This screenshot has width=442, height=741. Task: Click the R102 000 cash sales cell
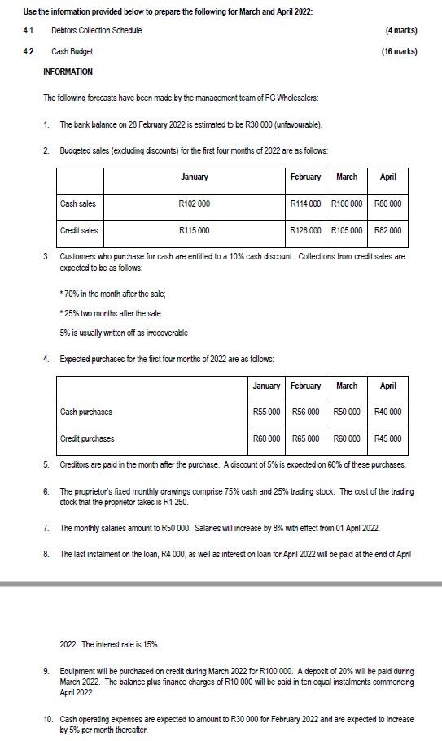(194, 203)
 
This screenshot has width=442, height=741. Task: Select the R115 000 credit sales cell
(194, 230)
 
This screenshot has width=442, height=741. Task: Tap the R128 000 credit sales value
(306, 230)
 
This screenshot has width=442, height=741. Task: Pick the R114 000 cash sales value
(306, 203)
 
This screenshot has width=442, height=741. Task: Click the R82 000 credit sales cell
(387, 230)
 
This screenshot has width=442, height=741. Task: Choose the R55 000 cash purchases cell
(266, 412)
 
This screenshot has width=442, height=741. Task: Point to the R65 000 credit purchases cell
(306, 438)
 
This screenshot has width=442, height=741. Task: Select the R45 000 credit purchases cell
(387, 438)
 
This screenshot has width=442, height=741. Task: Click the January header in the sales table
(194, 177)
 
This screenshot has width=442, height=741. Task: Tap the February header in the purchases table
(306, 386)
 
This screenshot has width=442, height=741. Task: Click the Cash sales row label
(78, 203)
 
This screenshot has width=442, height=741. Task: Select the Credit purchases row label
(87, 438)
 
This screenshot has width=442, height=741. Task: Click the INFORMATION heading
(68, 72)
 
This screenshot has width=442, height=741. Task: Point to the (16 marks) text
(399, 51)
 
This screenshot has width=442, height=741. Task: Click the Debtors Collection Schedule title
(96, 30)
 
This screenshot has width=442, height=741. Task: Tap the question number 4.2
(28, 51)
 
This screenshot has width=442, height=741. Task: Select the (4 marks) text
(400, 30)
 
